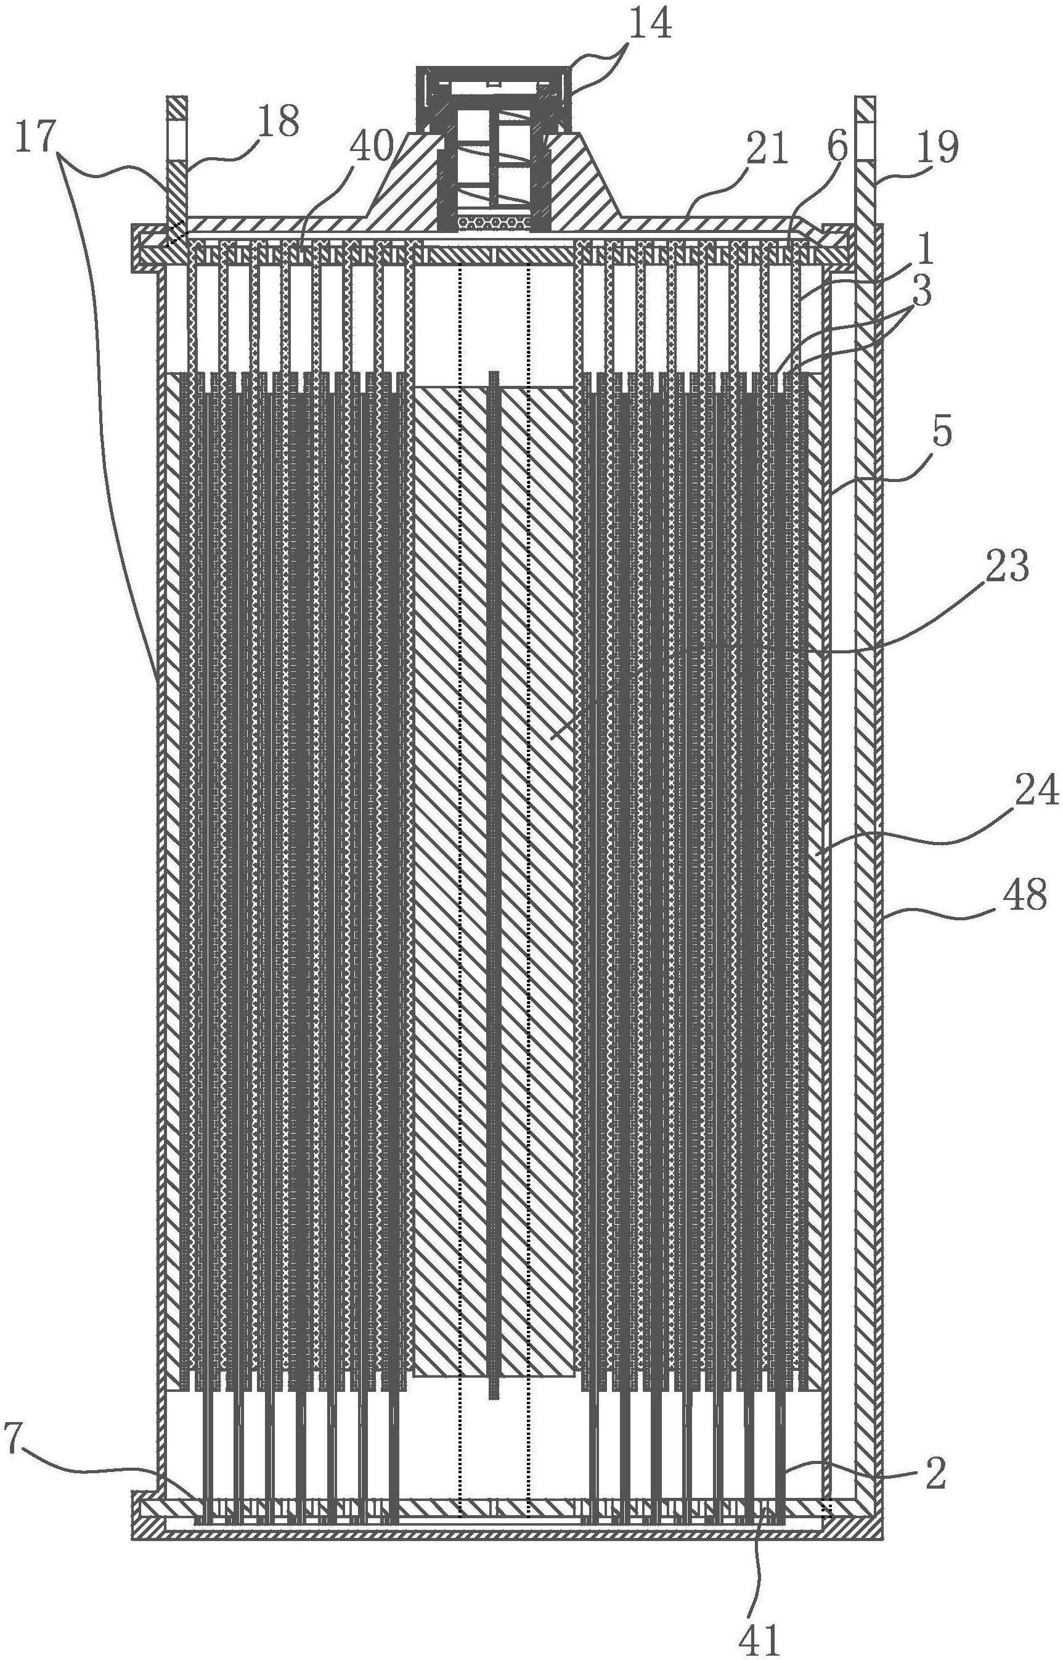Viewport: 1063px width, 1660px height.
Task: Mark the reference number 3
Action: [920, 292]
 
